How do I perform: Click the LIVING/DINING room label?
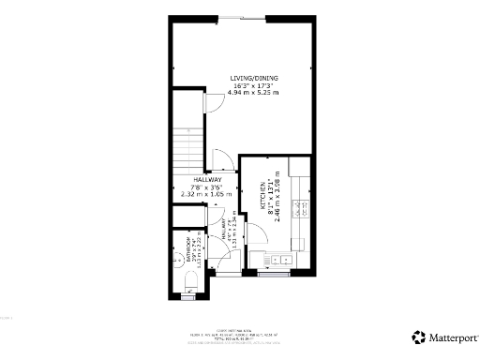255,78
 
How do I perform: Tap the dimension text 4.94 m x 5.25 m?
255,93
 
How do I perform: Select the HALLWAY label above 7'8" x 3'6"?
207,179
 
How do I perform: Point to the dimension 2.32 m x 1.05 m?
207,194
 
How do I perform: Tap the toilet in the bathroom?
190,279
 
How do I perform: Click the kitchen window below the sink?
273,276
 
